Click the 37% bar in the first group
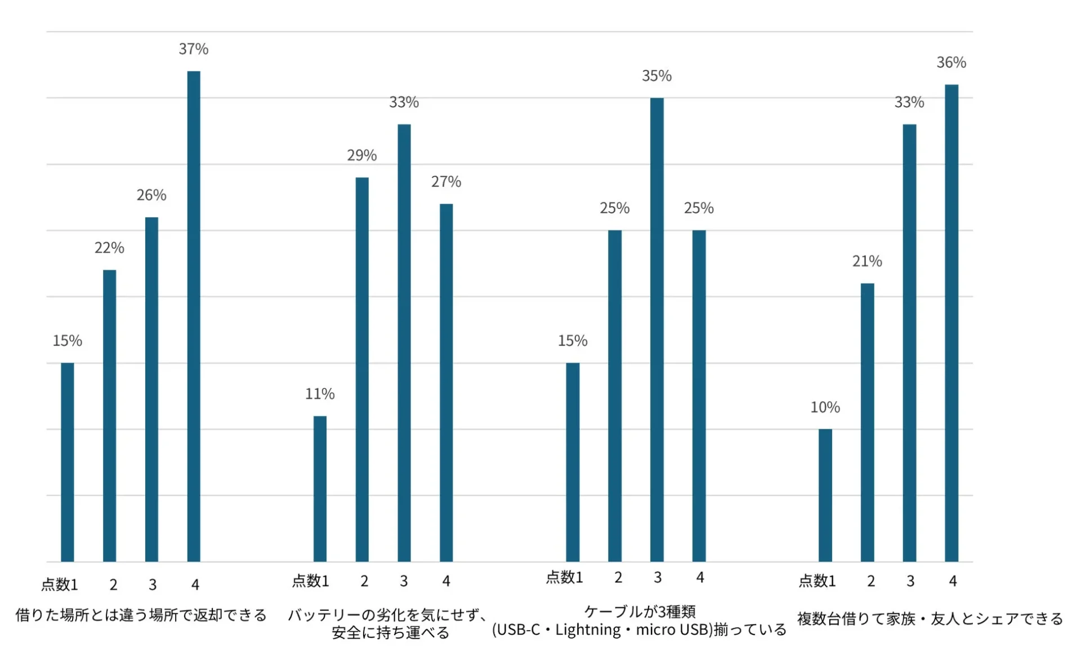tap(194, 315)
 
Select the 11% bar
tap(320, 488)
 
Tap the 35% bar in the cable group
tap(656, 329)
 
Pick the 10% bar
tap(825, 495)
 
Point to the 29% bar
tap(362, 369)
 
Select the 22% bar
tap(109, 416)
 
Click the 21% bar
tap(867, 422)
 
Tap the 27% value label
tap(446, 182)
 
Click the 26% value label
tap(151, 195)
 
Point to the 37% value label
tap(194, 50)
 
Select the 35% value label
tap(656, 76)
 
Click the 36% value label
tap(951, 63)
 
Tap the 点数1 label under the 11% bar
tap(310, 581)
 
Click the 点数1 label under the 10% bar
tap(817, 581)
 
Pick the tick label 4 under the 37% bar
tap(195, 585)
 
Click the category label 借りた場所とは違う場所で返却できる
tap(141, 615)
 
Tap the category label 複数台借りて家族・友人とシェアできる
tap(930, 619)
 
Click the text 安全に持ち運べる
tap(390, 633)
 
